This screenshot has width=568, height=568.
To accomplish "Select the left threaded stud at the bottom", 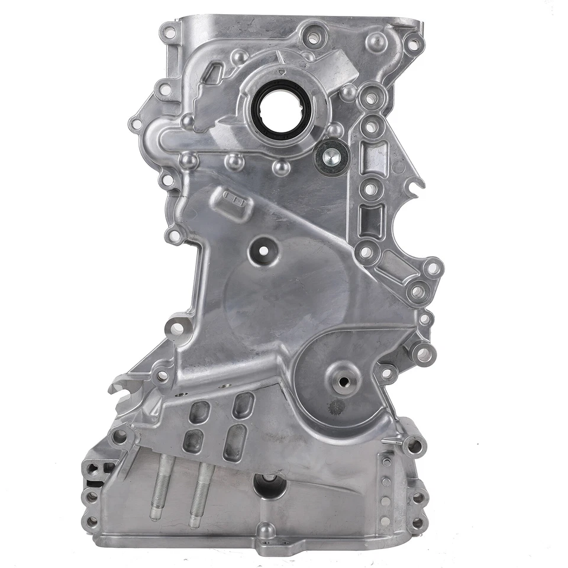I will pyautogui.click(x=159, y=490).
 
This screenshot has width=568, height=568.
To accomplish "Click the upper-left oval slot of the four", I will pyautogui.click(x=198, y=412).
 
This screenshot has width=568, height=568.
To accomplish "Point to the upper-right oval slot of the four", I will pyautogui.click(x=243, y=405).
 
